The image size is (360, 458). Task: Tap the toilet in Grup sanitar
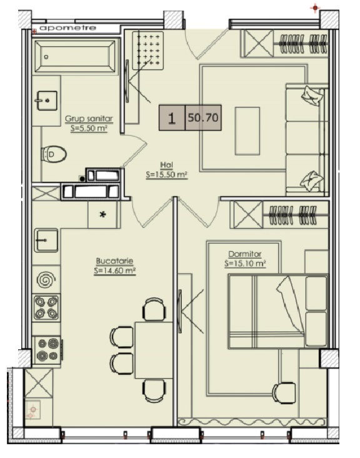point(54,154)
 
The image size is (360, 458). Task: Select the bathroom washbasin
point(47,101)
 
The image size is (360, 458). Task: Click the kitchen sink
point(46,240)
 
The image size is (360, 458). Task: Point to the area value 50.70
point(203,117)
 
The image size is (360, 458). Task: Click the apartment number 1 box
point(172,117)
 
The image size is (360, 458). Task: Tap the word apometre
point(67,28)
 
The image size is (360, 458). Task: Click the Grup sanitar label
point(89,119)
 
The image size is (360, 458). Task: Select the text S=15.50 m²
point(166,175)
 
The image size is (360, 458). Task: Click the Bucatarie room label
point(114,261)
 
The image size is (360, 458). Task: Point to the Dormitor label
point(245,254)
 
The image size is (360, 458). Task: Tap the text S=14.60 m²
point(115,271)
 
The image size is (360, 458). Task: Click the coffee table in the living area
point(247,131)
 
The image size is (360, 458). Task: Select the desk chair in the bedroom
point(284,393)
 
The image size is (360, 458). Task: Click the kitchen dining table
point(154,350)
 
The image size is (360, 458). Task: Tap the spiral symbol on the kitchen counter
point(46,279)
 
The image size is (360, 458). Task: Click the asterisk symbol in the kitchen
point(103,214)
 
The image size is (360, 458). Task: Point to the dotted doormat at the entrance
point(147,50)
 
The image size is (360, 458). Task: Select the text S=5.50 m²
point(89,128)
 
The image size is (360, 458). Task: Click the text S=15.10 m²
point(245,264)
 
